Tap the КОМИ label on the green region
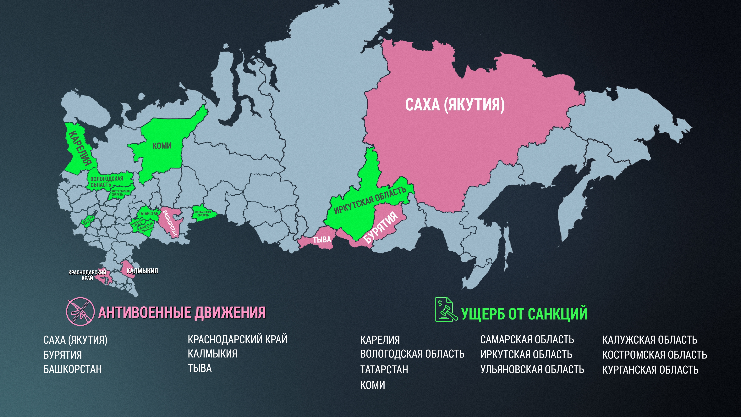(162, 146)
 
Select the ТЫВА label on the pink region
(322, 239)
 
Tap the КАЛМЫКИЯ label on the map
(142, 271)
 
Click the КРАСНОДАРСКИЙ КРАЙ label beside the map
(87, 275)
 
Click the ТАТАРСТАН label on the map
(148, 214)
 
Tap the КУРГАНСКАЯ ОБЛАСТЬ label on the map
(203, 214)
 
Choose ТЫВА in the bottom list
(200, 368)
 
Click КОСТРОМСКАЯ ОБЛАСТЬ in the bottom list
(654, 355)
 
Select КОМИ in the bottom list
(372, 385)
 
